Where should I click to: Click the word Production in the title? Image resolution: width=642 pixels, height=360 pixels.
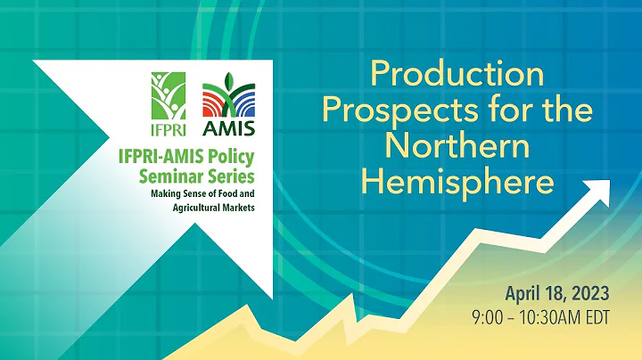pos(457,75)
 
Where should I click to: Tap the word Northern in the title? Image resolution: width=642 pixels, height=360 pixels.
pos(457,146)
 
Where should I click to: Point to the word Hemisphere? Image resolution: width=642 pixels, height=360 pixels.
pos(457,182)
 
